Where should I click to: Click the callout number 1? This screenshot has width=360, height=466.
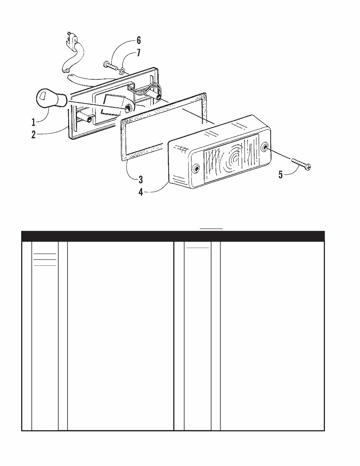point(33,122)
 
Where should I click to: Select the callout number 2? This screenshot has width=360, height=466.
point(33,135)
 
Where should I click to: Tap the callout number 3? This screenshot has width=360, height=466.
point(141,180)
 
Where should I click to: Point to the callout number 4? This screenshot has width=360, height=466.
point(141,192)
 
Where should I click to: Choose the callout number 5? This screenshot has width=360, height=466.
point(281,174)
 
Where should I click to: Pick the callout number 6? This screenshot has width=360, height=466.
point(139,40)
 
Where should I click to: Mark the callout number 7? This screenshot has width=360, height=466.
point(139,53)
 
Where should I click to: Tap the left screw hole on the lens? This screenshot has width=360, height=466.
point(196,169)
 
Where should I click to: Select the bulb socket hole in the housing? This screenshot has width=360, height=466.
point(128,109)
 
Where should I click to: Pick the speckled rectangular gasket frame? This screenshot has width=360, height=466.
point(164,127)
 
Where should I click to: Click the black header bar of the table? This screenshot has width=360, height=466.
point(173,236)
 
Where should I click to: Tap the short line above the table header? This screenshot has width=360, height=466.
point(211,229)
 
